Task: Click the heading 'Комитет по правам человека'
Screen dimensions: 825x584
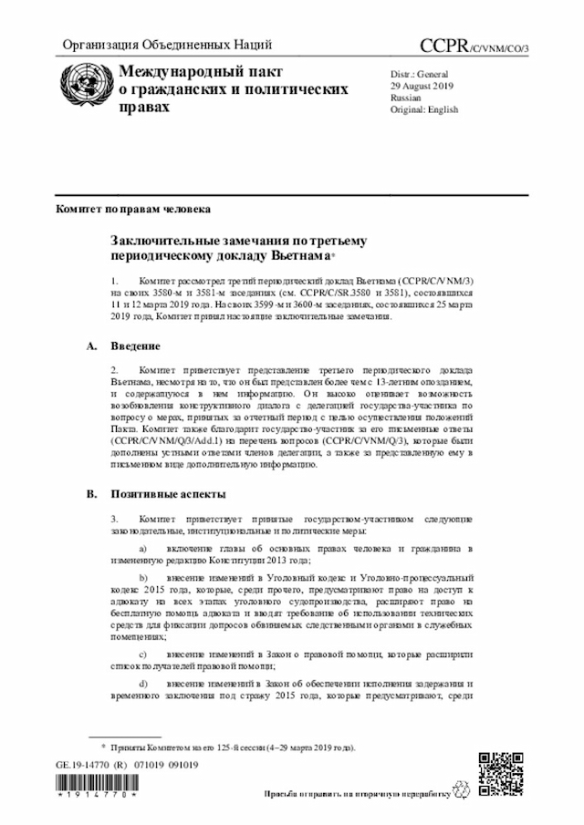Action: pyautogui.click(x=132, y=209)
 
